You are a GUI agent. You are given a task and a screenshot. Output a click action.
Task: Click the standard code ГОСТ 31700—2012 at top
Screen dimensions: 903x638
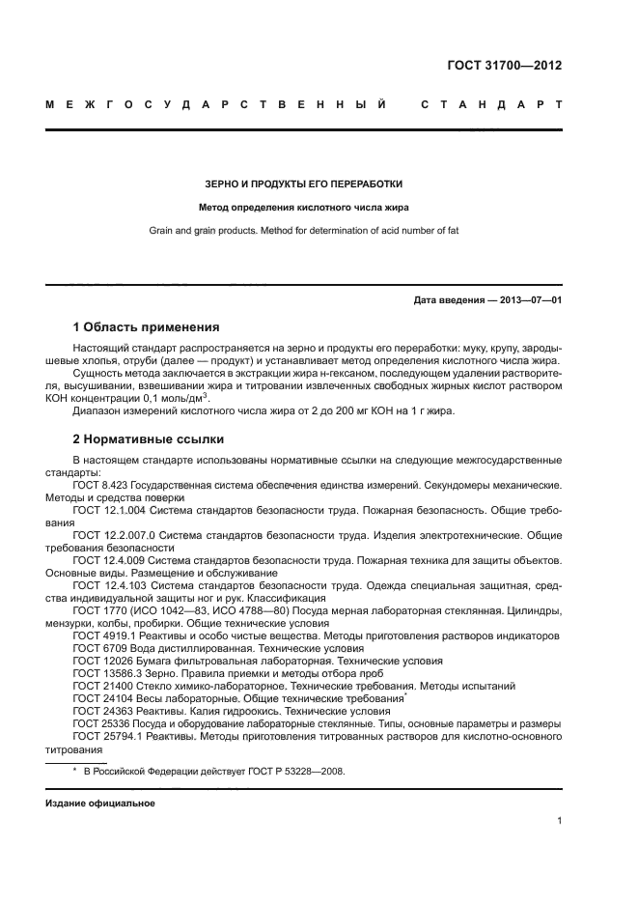click(x=505, y=67)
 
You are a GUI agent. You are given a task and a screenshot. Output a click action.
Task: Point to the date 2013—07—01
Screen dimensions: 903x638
click(x=528, y=300)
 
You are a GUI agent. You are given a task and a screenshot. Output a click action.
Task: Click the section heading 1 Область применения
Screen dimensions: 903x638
click(x=147, y=327)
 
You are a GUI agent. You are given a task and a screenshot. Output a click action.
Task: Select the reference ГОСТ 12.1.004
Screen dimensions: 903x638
click(x=108, y=509)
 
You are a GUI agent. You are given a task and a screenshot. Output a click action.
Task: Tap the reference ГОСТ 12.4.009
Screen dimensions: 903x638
click(x=108, y=560)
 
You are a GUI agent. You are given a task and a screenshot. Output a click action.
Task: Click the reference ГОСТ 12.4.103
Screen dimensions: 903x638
click(x=108, y=585)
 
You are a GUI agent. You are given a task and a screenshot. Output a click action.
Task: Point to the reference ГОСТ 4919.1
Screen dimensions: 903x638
click(x=102, y=635)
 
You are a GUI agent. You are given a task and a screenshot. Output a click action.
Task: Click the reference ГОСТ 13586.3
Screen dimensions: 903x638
click(x=105, y=673)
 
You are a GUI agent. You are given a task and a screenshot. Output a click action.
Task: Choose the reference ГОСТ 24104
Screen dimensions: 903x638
click(x=99, y=698)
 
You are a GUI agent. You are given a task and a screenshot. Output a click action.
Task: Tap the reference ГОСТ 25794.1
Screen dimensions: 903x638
click(x=105, y=736)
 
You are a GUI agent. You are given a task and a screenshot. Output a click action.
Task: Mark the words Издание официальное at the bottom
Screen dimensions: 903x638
click(x=100, y=804)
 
